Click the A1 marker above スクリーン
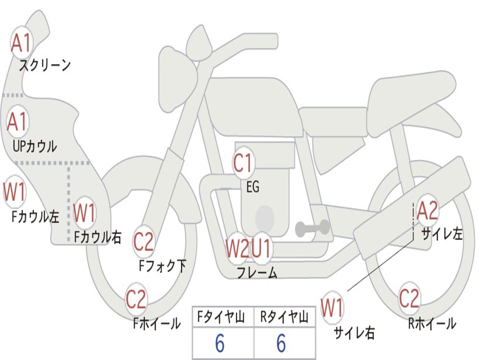click(x=21, y=43)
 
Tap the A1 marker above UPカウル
click(x=18, y=122)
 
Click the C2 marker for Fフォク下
click(x=143, y=242)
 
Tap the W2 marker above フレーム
click(x=237, y=248)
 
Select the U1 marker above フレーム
click(x=261, y=248)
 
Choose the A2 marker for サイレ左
click(x=427, y=211)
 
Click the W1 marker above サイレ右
click(x=332, y=308)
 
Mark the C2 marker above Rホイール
click(x=409, y=298)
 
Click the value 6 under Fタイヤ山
click(x=220, y=344)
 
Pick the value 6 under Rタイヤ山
click(x=281, y=344)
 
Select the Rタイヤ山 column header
click(x=284, y=318)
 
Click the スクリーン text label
click(x=45, y=66)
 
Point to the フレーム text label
click(x=256, y=273)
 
